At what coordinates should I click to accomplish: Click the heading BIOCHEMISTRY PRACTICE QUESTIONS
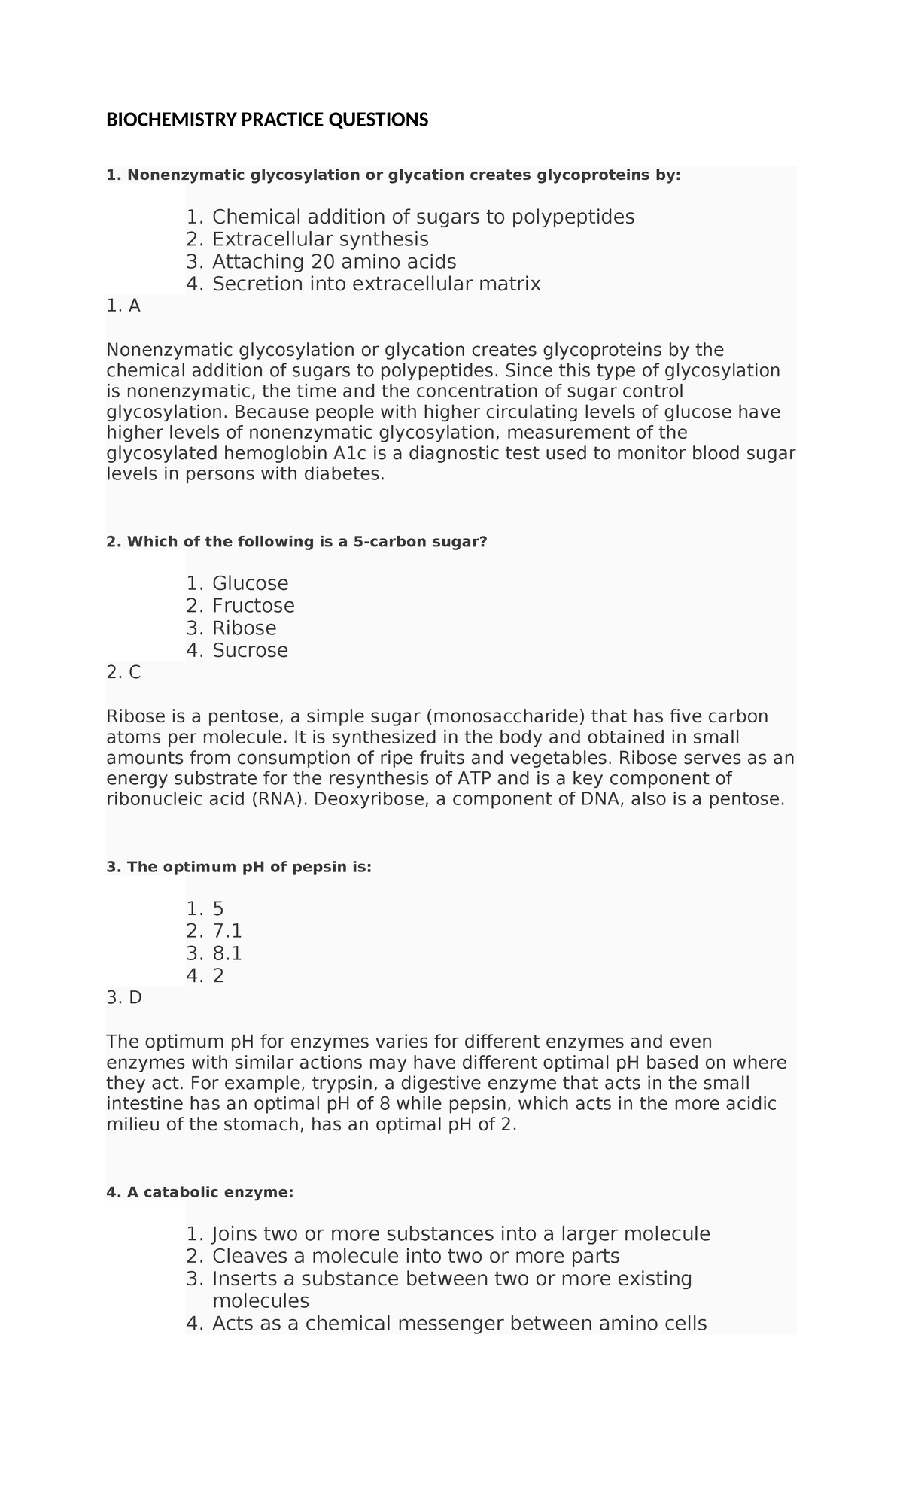[267, 120]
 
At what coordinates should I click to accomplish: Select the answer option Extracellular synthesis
[320, 239]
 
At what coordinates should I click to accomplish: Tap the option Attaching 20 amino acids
[334, 262]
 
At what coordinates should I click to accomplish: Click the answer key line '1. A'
[123, 306]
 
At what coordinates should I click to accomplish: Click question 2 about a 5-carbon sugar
[297, 542]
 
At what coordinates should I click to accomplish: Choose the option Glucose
[250, 583]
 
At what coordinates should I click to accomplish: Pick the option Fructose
[253, 606]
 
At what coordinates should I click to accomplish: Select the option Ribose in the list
[244, 628]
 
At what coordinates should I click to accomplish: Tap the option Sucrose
[250, 651]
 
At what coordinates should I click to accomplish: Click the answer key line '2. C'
[123, 673]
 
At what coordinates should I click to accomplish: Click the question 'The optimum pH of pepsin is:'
[239, 867]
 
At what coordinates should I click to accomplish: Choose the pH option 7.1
[227, 932]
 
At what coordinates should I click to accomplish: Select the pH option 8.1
[227, 954]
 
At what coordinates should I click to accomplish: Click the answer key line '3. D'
[124, 998]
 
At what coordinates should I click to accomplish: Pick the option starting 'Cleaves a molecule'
[415, 1257]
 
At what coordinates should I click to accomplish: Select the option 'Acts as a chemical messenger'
[459, 1324]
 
